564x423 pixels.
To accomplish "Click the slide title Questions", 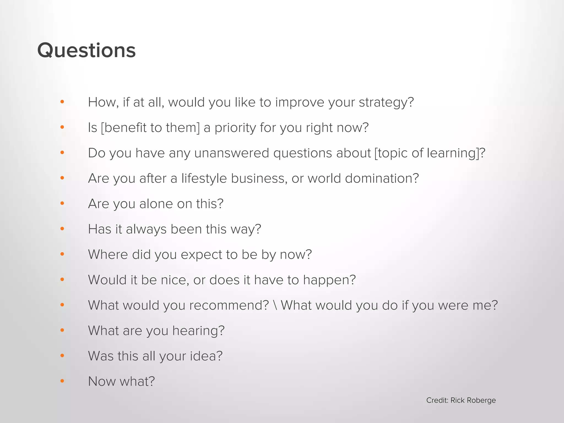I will point(86,50).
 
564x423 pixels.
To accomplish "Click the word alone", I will point(156,204).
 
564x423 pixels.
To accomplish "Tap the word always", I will point(146,229).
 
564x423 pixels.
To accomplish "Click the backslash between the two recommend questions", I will point(275,305).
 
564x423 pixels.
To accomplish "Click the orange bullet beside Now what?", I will point(62,381).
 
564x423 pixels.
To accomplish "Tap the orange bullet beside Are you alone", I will point(62,204).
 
